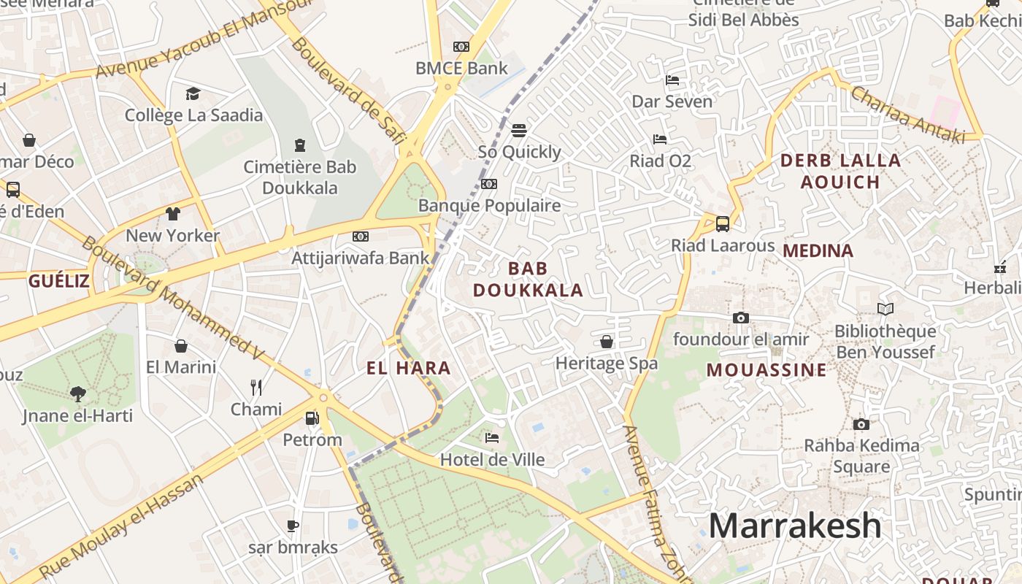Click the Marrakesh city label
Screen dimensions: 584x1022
click(x=795, y=526)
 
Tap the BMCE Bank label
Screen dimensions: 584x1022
click(x=461, y=69)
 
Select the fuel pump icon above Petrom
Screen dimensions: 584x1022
click(x=312, y=418)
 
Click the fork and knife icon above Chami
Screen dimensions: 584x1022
click(x=256, y=387)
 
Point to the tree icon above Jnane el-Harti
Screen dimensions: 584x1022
click(x=78, y=394)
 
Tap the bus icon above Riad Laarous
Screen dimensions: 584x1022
click(x=723, y=224)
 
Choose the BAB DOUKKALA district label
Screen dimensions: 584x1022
click(x=528, y=279)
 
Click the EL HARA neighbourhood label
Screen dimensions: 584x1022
click(x=409, y=369)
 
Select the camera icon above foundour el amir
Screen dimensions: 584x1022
click(x=741, y=318)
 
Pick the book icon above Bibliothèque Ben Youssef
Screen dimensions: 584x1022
click(x=885, y=310)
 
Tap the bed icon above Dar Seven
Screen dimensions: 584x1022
click(x=672, y=80)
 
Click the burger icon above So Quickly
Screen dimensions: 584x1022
click(x=519, y=131)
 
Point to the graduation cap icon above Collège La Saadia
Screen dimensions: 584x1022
click(x=193, y=93)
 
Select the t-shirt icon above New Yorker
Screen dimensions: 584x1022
click(x=172, y=214)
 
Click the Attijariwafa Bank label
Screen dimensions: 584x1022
click(x=361, y=258)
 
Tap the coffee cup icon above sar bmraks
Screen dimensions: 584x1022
click(x=293, y=526)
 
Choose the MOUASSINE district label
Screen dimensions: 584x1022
click(x=766, y=370)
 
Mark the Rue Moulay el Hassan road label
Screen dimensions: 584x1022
click(x=120, y=527)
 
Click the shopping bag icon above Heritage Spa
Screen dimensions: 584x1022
click(x=607, y=342)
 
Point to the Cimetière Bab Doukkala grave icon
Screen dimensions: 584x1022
click(x=299, y=145)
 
